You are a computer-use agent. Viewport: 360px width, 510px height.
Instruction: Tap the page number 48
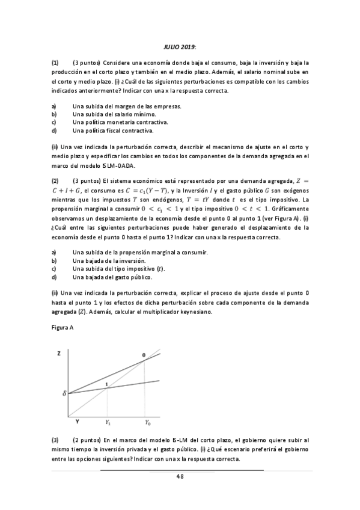pos(180,476)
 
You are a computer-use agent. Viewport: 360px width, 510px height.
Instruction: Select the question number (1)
pos(55,62)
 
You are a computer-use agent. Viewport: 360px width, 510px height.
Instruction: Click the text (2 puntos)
pos(87,440)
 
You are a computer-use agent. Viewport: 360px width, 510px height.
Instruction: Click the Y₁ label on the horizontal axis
pos(108,423)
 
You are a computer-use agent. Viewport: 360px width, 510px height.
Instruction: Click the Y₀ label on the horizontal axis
pos(147,423)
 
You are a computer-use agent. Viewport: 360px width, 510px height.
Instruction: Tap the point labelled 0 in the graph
pos(144,357)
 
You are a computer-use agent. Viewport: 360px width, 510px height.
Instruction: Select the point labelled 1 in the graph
pos(106,384)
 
